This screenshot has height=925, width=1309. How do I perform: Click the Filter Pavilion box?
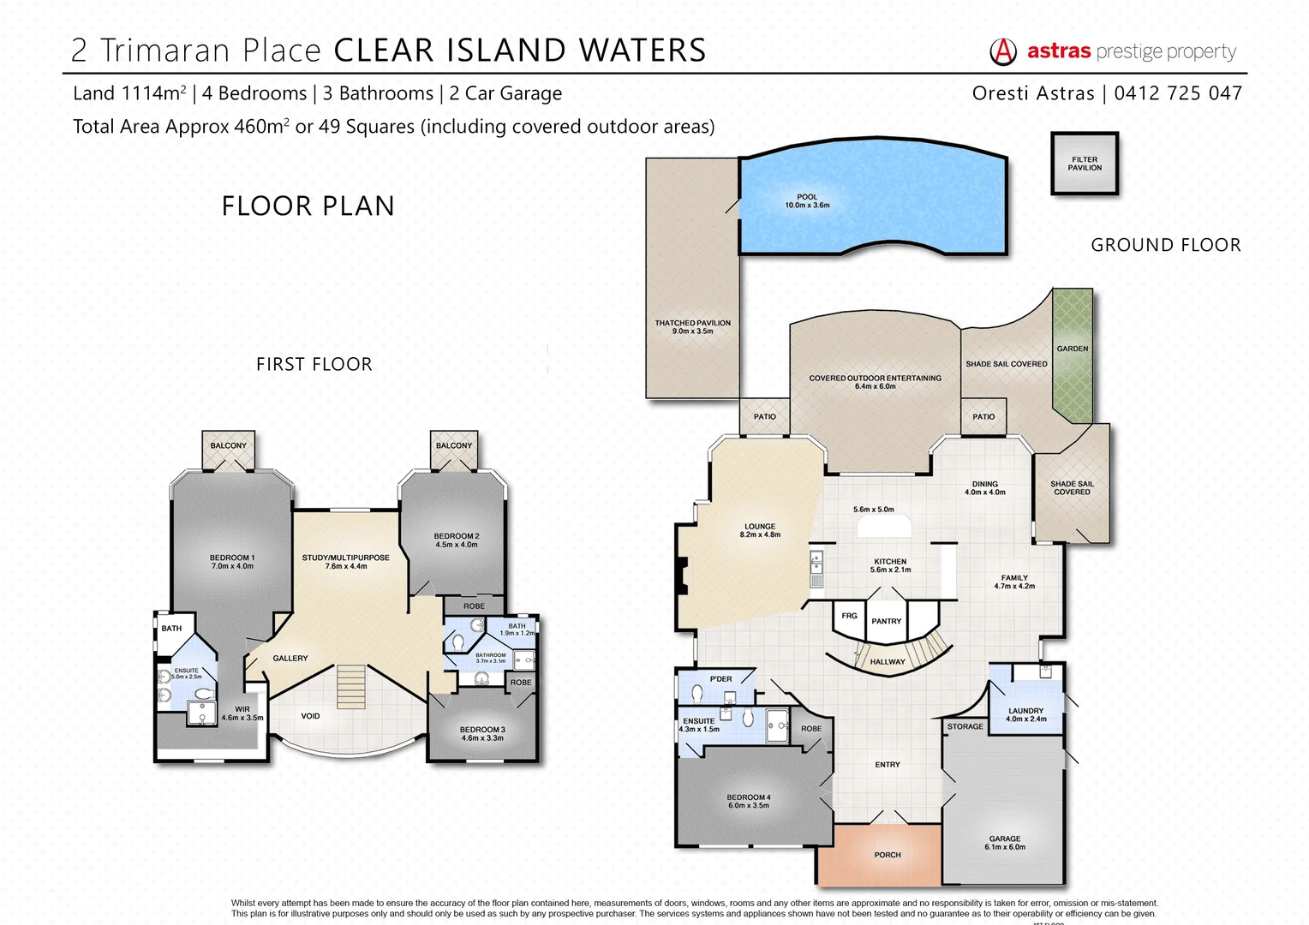(1085, 164)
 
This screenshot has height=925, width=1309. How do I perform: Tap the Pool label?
(807, 201)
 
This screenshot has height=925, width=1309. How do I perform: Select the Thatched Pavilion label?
(692, 327)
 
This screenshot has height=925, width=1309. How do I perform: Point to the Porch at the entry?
(887, 855)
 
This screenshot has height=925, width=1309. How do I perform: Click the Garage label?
(1004, 843)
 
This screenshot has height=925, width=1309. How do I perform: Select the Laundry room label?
(1025, 714)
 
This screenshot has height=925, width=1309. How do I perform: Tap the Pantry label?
(886, 621)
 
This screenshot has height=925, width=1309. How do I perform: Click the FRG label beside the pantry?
(849, 616)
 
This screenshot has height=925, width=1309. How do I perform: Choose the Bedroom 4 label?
(748, 801)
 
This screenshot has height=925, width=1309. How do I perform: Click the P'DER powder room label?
(720, 679)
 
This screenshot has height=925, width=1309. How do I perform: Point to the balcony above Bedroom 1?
(228, 446)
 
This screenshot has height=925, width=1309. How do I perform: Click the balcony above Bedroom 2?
(453, 446)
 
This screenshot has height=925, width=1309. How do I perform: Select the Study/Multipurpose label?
(345, 562)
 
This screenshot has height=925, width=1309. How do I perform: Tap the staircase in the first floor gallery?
(351, 686)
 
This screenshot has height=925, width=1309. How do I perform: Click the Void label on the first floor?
(310, 716)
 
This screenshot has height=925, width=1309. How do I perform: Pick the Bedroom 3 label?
(482, 733)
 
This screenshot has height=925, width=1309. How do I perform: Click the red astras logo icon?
(1002, 52)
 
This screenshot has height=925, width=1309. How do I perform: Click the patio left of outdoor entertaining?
(764, 417)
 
